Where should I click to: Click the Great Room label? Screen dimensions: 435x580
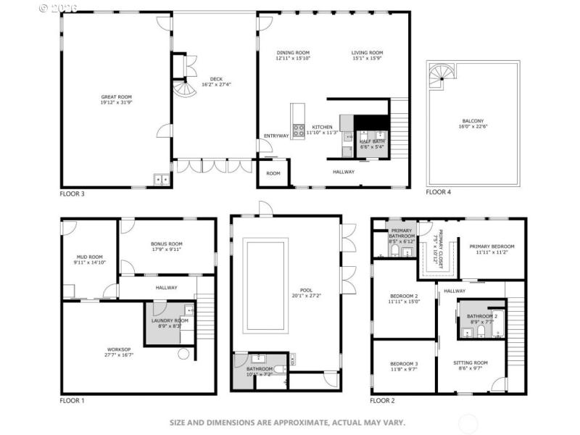(x=116, y=96)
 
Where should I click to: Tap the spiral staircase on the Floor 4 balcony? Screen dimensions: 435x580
(x=439, y=75)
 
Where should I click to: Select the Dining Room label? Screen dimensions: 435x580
(x=293, y=53)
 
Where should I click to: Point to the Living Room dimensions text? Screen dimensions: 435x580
(x=367, y=59)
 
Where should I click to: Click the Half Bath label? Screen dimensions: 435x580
(x=370, y=141)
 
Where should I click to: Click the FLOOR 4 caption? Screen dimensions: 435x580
(x=438, y=192)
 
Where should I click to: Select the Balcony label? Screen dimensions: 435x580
(x=473, y=121)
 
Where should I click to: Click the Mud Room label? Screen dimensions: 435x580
(x=91, y=257)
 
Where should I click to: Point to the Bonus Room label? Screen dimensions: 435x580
(x=166, y=244)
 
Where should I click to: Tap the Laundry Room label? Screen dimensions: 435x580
(x=170, y=320)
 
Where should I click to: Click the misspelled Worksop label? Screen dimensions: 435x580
(x=120, y=349)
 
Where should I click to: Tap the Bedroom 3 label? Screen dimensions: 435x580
(x=404, y=363)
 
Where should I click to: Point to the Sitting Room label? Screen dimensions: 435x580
(x=471, y=362)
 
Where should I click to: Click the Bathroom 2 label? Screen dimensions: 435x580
(x=481, y=316)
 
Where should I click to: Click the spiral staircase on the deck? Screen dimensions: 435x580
(x=185, y=90)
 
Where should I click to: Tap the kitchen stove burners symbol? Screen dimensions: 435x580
(x=297, y=131)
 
